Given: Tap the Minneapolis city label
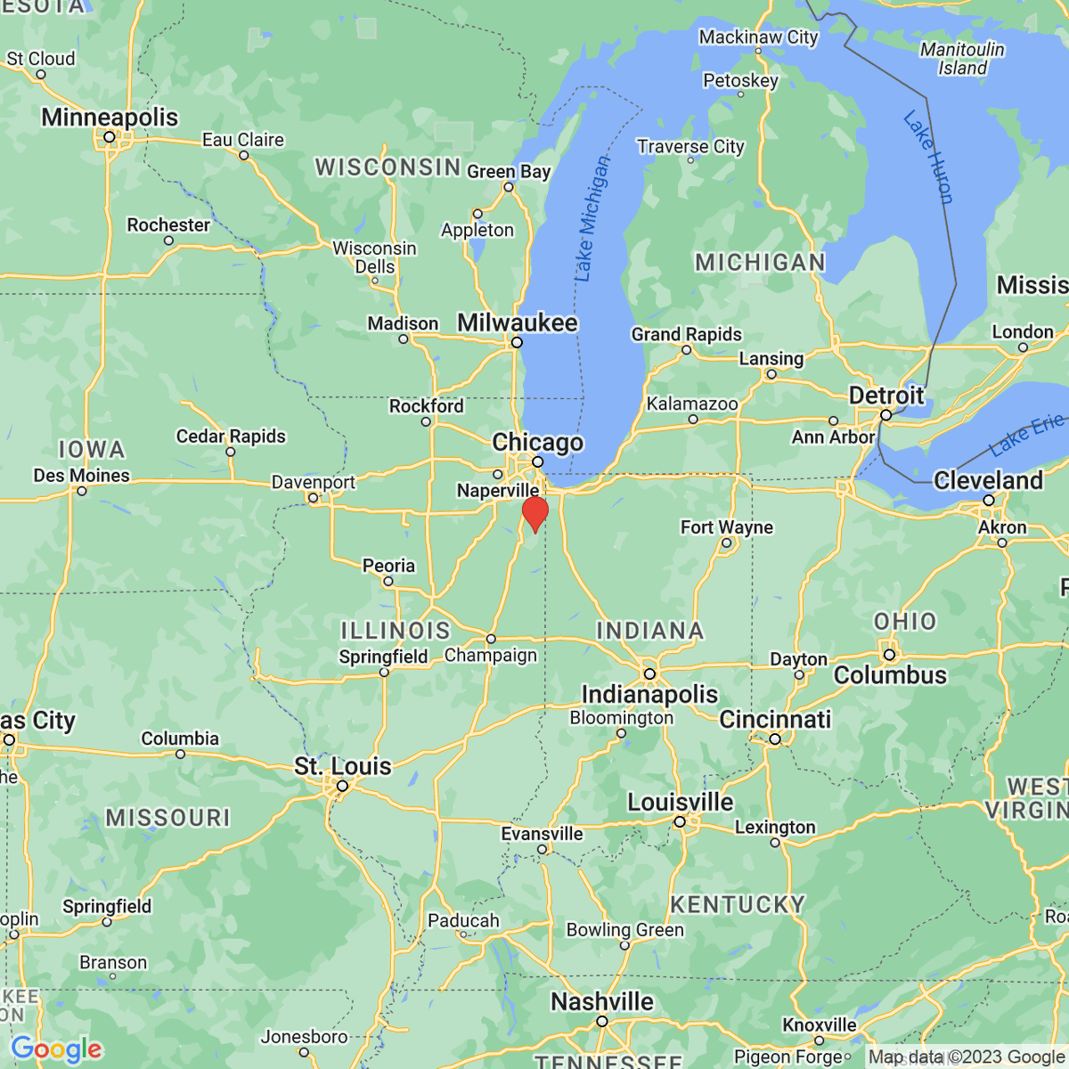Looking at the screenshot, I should click(110, 118).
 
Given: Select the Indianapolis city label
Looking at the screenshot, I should click(649, 694).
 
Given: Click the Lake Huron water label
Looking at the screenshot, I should click(928, 157).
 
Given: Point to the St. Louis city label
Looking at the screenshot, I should click(343, 766).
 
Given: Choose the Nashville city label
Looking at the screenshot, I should click(602, 1002).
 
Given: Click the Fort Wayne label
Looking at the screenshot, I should click(727, 527).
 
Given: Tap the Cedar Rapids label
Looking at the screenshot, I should click(231, 437).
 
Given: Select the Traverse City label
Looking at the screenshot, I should click(690, 146).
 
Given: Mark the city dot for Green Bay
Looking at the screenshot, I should click(509, 187).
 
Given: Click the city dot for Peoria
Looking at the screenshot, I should click(388, 581).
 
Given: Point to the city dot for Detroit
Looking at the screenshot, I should click(885, 415).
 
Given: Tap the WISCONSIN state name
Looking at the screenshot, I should click(388, 167).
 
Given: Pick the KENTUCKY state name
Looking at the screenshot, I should click(738, 905).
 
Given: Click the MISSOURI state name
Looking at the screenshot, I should click(167, 818).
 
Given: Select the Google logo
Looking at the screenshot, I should click(56, 1049).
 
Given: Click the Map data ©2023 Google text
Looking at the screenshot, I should click(967, 1057).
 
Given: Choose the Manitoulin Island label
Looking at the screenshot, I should click(962, 59).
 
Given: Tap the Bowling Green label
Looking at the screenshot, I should click(625, 930).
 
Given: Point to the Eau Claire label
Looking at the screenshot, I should click(243, 140).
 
